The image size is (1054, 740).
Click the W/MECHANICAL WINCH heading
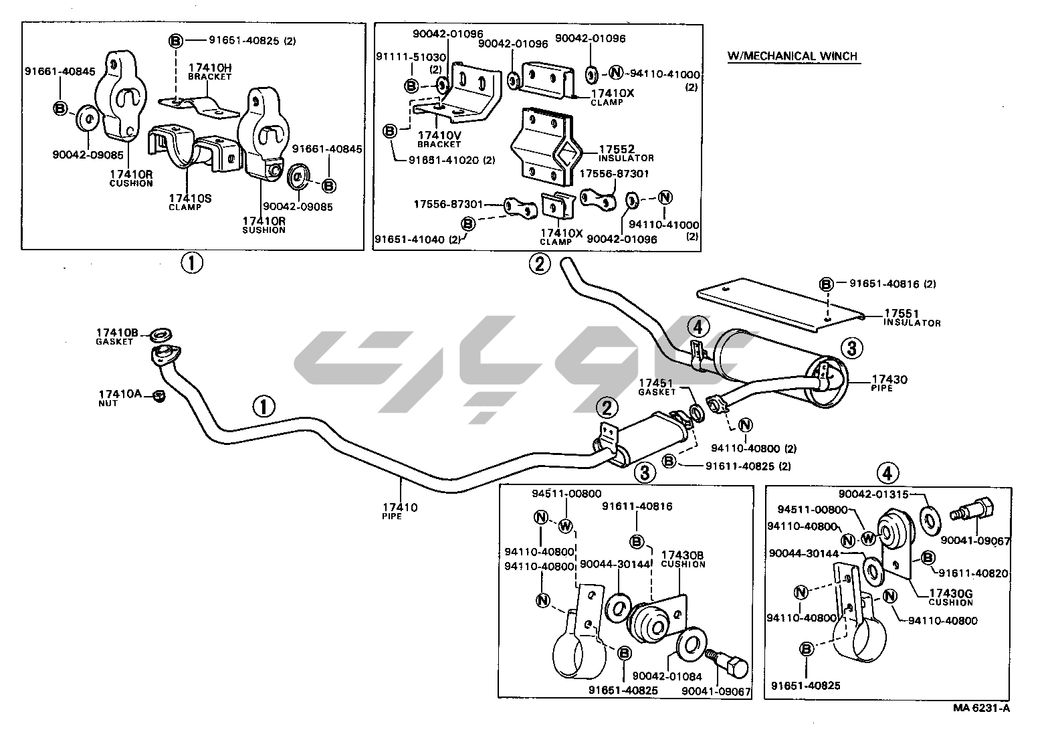click(793, 56)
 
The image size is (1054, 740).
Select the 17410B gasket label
click(116, 336)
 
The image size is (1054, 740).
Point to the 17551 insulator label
click(912, 316)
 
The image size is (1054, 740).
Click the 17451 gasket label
click(657, 386)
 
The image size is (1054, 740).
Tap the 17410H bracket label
click(209, 71)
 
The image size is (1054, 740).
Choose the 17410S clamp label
click(190, 201)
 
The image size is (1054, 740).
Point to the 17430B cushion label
click(682, 559)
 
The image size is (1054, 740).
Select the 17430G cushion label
click(950, 597)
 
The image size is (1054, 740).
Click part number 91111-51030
click(420, 58)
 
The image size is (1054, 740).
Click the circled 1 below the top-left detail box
click(192, 264)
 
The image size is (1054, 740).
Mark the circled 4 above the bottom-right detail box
click(887, 474)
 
